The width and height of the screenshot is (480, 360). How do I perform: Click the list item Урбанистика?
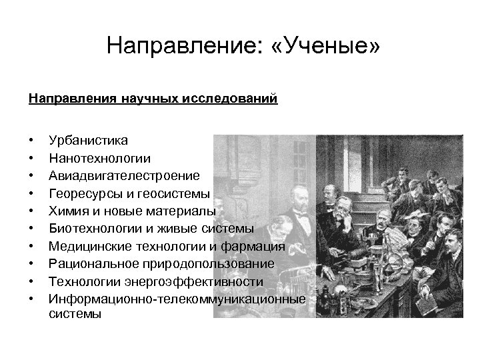(89, 141)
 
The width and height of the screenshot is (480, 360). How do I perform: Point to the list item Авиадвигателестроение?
(124, 176)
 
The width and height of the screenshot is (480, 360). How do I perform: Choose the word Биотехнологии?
(97, 229)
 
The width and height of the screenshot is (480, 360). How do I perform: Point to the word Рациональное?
(95, 265)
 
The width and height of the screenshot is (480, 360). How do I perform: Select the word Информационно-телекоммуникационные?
(177, 300)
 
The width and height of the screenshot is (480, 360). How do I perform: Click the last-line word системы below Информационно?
(75, 314)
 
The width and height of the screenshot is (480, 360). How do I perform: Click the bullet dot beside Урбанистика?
(31, 141)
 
